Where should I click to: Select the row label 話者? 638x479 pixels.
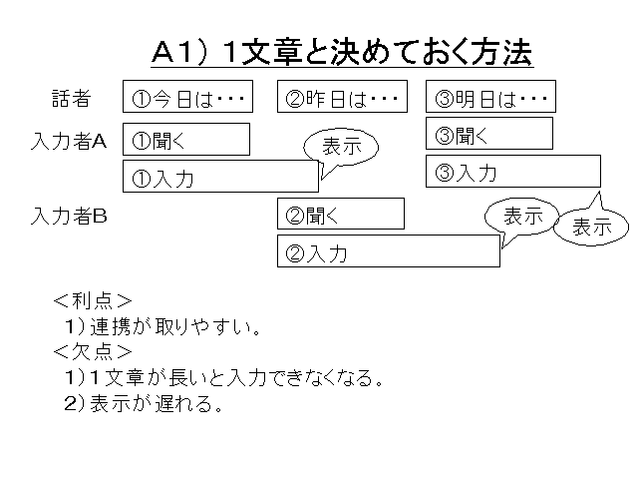[x=71, y=98]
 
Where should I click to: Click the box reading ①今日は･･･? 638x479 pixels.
[x=187, y=97]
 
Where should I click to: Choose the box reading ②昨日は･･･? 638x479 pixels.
[x=342, y=97]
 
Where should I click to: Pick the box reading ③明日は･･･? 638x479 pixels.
[x=490, y=97]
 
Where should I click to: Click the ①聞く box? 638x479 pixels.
[x=185, y=140]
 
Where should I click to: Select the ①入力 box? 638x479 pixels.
[x=219, y=177]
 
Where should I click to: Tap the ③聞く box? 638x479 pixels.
[x=489, y=134]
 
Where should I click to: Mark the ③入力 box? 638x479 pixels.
[x=512, y=171]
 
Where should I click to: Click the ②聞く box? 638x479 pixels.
[x=340, y=214]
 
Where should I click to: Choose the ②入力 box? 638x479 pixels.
[x=388, y=251]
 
